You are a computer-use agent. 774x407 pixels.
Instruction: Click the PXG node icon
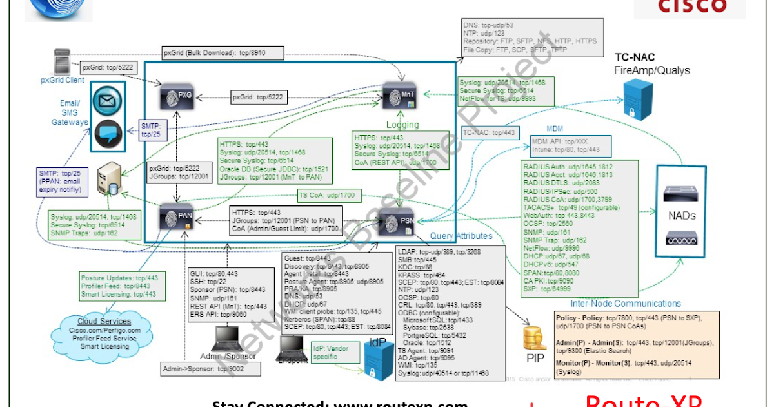pyautogui.click(x=177, y=97)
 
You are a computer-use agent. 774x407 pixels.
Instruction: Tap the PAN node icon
pyautogui.click(x=177, y=216)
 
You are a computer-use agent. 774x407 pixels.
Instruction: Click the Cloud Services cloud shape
pyautogui.click(x=104, y=333)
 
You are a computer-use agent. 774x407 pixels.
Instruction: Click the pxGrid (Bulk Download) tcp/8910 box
pyautogui.click(x=214, y=54)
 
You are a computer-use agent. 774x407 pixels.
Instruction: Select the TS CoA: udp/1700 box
pyautogui.click(x=328, y=194)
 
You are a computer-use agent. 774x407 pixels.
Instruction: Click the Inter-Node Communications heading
pyautogui.click(x=625, y=303)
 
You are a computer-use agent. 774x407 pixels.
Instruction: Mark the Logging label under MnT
pyautogui.click(x=402, y=125)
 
